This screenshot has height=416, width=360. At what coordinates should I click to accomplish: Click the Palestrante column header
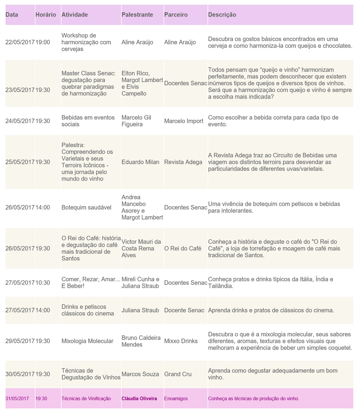coord(137,15)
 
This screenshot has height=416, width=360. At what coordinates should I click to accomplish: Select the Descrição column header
coord(222,15)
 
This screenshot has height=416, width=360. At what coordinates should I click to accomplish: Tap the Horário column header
coord(46,15)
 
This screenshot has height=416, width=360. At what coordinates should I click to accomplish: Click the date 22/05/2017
coord(20,42)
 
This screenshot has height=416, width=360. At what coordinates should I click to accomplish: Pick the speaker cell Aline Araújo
coord(137,42)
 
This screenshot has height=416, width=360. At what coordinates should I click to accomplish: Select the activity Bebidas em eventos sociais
coord(88,121)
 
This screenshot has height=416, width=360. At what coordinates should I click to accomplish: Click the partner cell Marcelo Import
coord(184,121)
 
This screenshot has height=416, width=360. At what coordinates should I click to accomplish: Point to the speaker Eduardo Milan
coord(140,162)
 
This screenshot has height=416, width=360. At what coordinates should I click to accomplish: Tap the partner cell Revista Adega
coord(183,162)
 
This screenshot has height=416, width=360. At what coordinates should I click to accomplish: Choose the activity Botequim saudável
coord(86,207)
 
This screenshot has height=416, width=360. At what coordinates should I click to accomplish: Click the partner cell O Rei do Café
coord(183,248)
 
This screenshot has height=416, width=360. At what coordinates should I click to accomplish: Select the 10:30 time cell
coord(43,283)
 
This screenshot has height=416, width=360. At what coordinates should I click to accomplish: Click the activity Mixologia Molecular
coord(87,341)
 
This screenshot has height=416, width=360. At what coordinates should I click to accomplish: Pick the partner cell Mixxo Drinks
coord(181,341)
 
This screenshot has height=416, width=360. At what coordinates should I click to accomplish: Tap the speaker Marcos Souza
coord(140,374)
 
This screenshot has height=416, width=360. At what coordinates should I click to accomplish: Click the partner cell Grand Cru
coord(178,374)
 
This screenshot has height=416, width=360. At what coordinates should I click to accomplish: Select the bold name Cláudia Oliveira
coord(139,398)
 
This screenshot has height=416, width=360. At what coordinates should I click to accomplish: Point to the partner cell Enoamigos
coord(176,398)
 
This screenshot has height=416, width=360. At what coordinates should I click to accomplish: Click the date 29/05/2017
coord(20,341)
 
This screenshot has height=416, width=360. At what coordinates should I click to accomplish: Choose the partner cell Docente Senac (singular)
coord(184,310)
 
